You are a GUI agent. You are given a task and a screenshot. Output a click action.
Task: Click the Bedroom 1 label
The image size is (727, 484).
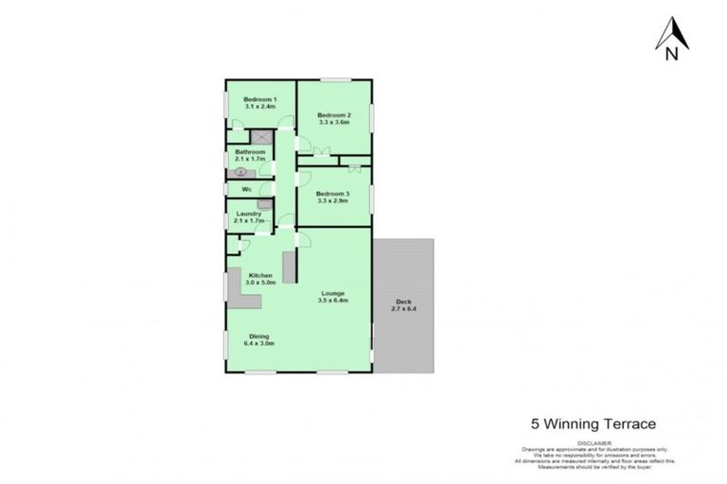pyautogui.click(x=259, y=100)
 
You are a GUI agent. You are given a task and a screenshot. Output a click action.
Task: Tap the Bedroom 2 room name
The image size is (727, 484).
pyautogui.click(x=334, y=115)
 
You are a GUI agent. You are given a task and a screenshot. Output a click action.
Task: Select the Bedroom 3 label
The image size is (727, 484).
pyautogui.click(x=333, y=195)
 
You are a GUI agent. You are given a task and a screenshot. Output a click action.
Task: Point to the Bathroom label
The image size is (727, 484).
pyautogui.click(x=250, y=152)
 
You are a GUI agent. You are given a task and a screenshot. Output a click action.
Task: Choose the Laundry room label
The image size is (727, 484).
pyautogui.click(x=249, y=214)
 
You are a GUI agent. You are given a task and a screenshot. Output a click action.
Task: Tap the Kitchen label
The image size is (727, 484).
pyautogui.click(x=260, y=276)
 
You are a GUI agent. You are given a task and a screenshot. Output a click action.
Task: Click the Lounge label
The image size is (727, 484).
pyautogui.click(x=332, y=293)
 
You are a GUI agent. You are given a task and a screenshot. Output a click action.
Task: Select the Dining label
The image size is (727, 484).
pyautogui.click(x=259, y=337)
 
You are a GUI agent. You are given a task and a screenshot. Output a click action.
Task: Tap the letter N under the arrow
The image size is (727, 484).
pyautogui.click(x=671, y=54)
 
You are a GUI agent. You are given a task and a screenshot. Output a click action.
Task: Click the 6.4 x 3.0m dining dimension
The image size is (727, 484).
pyautogui.click(x=259, y=344)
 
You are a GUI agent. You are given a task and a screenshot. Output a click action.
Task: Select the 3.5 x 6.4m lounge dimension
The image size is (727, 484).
pyautogui.click(x=334, y=301)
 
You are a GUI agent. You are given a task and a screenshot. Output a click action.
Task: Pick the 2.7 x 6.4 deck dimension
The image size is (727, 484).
pyautogui.click(x=404, y=309)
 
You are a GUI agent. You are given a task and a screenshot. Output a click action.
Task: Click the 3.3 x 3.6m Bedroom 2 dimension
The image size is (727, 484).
pyautogui.click(x=334, y=123)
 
